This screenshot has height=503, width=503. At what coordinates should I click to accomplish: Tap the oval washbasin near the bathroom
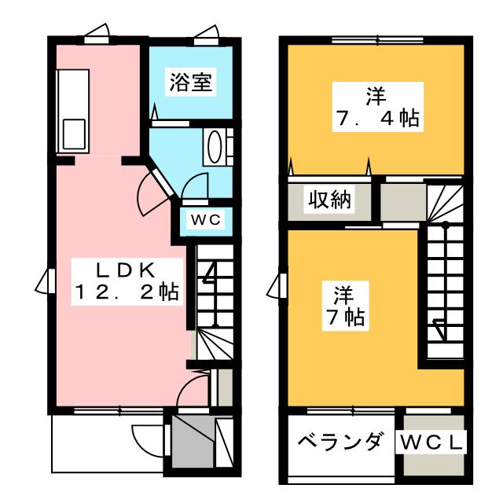click(213, 145)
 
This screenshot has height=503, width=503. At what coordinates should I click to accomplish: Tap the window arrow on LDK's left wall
click(46, 280)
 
